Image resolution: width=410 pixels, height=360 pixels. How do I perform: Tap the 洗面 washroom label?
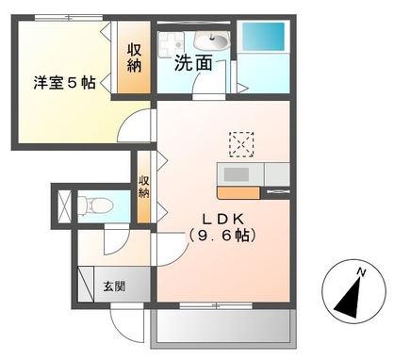point(192,65)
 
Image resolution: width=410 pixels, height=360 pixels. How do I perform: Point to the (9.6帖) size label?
point(221,236)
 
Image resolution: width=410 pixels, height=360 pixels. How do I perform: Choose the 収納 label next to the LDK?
point(144,186)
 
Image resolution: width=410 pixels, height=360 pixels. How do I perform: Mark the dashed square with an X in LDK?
point(241,144)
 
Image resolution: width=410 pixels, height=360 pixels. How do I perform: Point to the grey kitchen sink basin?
point(235,174)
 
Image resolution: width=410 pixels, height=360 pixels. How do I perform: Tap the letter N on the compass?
point(361,272)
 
